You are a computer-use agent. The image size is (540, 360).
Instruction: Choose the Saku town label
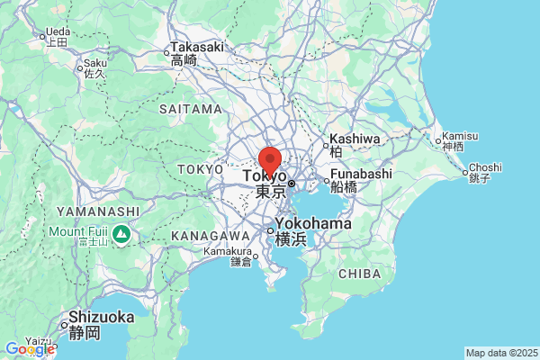[x=94, y=64]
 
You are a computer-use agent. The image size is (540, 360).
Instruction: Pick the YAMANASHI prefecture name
[x=97, y=211]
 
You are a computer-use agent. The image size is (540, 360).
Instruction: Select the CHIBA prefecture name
[x=362, y=273]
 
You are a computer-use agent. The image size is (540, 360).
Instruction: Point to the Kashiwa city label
[x=355, y=139]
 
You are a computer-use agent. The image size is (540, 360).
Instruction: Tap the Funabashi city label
[x=361, y=174]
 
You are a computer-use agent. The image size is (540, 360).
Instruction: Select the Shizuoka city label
[x=102, y=318]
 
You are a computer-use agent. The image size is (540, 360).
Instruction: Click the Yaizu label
[x=40, y=340]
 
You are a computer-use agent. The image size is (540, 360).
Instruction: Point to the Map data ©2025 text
[x=500, y=353]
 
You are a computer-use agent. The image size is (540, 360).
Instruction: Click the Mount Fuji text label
[x=78, y=229]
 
